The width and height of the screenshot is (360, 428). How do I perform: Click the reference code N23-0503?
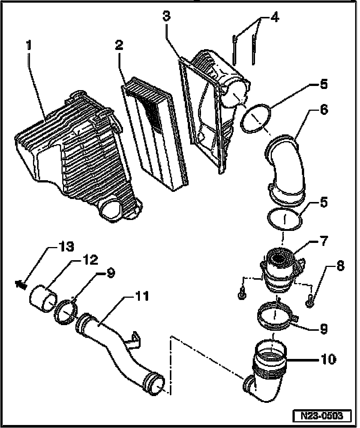tap(322, 416)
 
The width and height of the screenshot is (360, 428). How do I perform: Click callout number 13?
tap(65, 247)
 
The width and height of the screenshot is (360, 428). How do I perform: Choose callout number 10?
tap(328, 359)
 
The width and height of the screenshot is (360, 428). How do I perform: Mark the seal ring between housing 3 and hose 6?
tap(255, 118)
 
